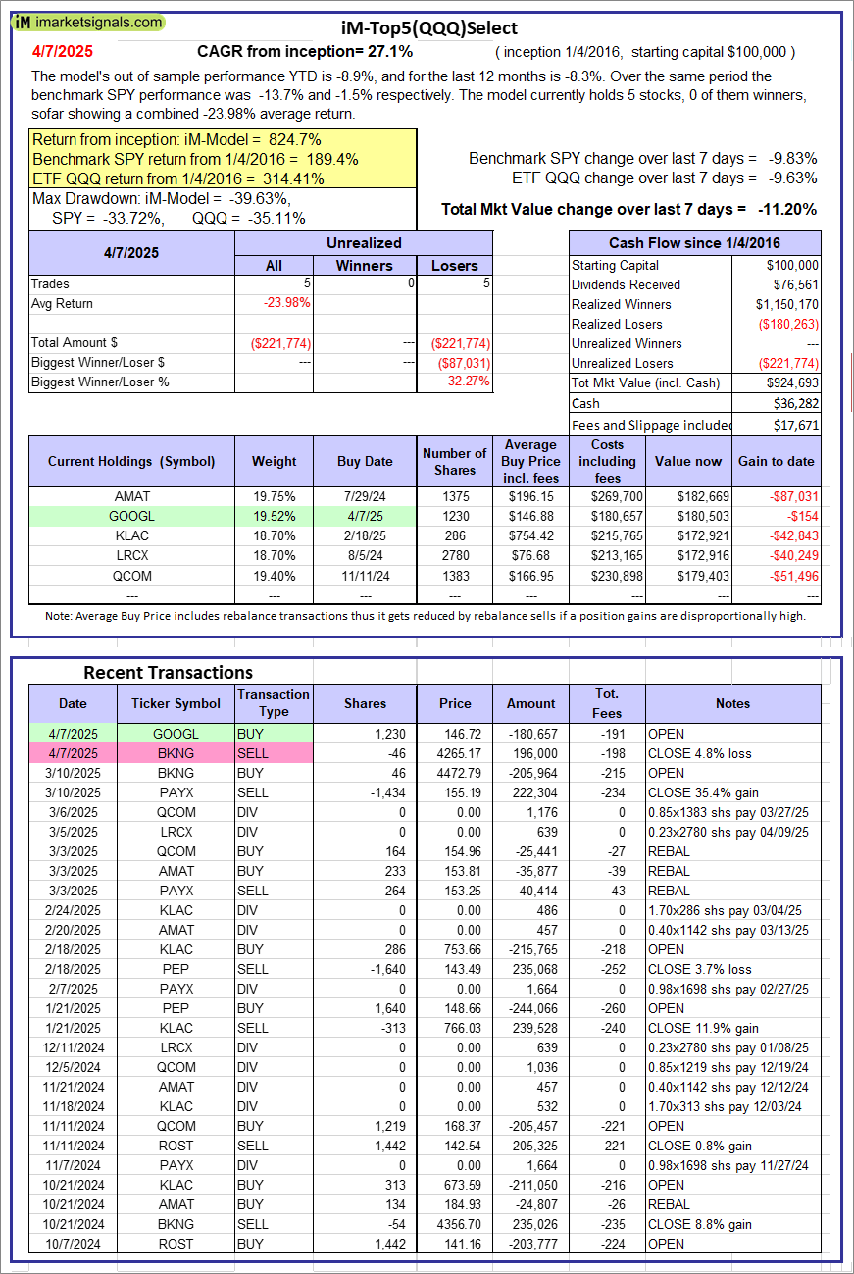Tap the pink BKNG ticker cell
click(x=176, y=753)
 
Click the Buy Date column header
click(x=365, y=461)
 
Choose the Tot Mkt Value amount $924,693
click(x=792, y=382)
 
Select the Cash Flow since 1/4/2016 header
click(x=695, y=243)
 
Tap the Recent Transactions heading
click(x=168, y=672)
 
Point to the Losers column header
click(x=454, y=265)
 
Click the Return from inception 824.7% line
click(x=177, y=140)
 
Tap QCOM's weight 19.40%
click(x=274, y=576)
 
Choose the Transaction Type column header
click(x=274, y=703)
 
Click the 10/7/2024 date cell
click(x=73, y=1244)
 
